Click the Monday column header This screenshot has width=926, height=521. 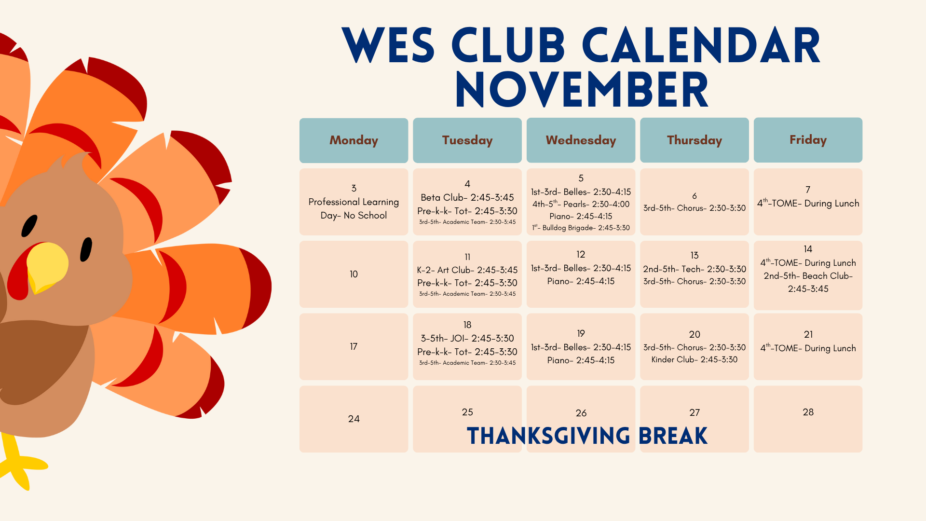(354, 140)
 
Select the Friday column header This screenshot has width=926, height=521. (808, 140)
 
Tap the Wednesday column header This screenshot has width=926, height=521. (581, 140)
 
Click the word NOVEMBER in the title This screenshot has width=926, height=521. (582, 90)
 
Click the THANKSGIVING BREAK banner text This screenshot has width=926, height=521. (587, 436)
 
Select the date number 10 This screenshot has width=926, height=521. (354, 274)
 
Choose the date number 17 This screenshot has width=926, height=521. (354, 346)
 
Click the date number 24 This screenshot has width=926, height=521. (354, 419)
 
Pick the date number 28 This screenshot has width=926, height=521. (808, 412)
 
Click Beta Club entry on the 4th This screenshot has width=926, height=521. (467, 197)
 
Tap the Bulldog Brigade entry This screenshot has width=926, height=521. (581, 228)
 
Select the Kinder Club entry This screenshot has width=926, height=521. (694, 359)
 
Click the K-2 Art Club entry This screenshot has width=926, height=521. (467, 270)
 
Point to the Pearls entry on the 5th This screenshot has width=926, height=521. (581, 204)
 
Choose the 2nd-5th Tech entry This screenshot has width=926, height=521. (694, 269)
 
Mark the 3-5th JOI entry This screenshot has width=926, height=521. (467, 338)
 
